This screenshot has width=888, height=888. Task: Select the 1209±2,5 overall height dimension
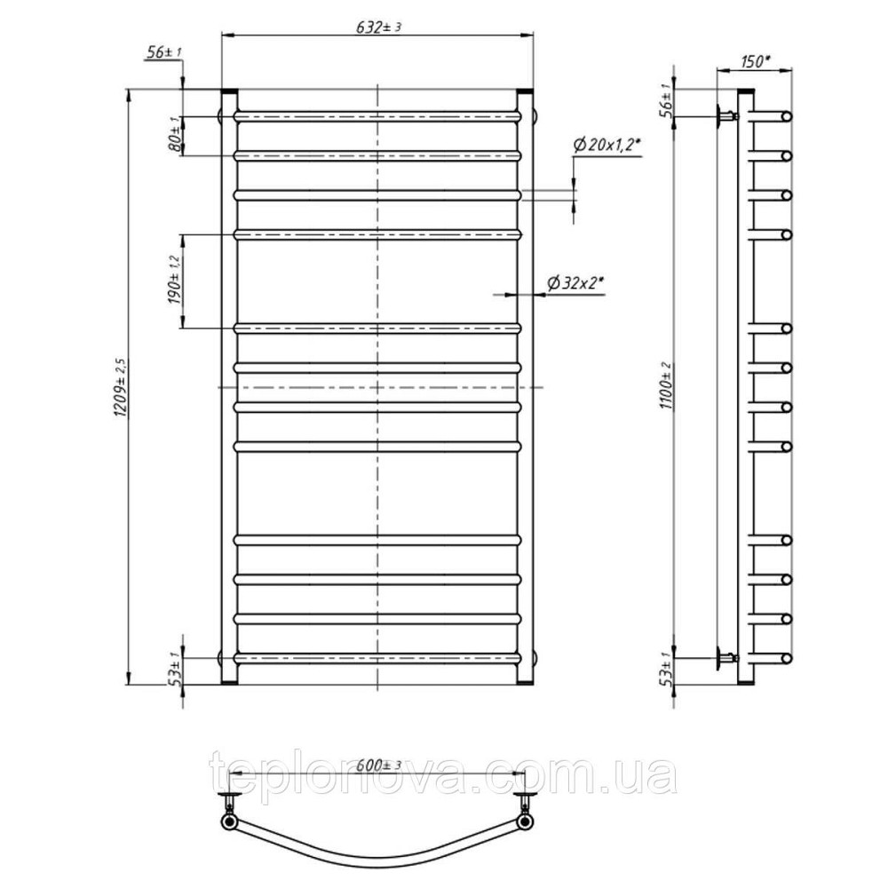121,387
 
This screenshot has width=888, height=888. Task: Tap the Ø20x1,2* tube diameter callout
607,146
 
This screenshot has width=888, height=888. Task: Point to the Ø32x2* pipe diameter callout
575,282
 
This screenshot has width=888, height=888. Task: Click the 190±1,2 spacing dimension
174,280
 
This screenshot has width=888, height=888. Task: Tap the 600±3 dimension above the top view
379,765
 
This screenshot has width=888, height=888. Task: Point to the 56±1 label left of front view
163,52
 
